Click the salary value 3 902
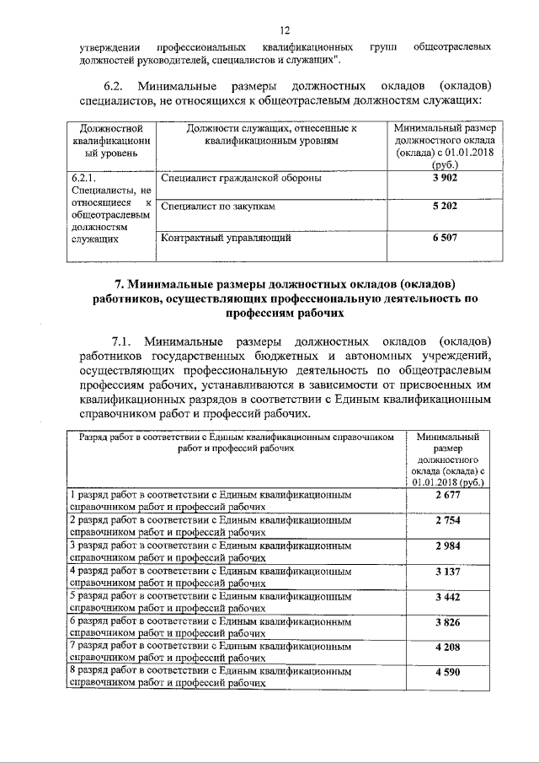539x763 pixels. coord(445,179)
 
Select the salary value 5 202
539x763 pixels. coord(445,206)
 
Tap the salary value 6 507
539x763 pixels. coord(445,238)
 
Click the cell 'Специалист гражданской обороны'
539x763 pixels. coord(241,179)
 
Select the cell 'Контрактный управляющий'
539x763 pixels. coord(226,238)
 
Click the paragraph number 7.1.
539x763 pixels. coord(115,341)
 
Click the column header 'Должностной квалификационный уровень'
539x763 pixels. coord(102,140)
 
